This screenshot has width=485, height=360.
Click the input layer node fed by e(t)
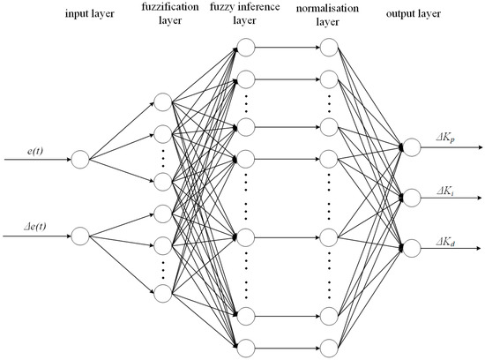[79, 161]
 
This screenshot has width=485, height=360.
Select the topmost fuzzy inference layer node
[245, 48]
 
